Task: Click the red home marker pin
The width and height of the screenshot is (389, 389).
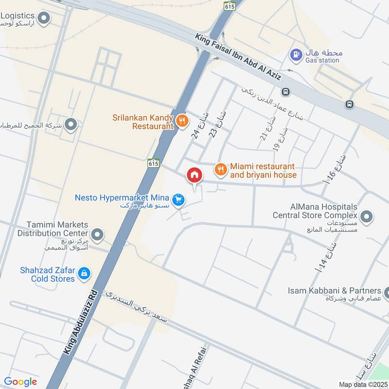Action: click(194, 175)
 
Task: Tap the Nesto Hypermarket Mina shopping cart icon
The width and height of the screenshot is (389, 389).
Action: click(179, 199)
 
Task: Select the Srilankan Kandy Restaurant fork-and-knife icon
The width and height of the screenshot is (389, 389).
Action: click(182, 121)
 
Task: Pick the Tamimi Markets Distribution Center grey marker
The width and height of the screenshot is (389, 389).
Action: click(98, 235)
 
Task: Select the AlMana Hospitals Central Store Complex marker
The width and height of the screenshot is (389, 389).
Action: click(367, 215)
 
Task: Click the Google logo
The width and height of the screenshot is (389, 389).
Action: click(20, 382)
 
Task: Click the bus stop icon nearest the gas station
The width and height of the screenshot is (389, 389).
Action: click(286, 91)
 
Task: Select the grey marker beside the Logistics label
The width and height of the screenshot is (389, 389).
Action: click(44, 19)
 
